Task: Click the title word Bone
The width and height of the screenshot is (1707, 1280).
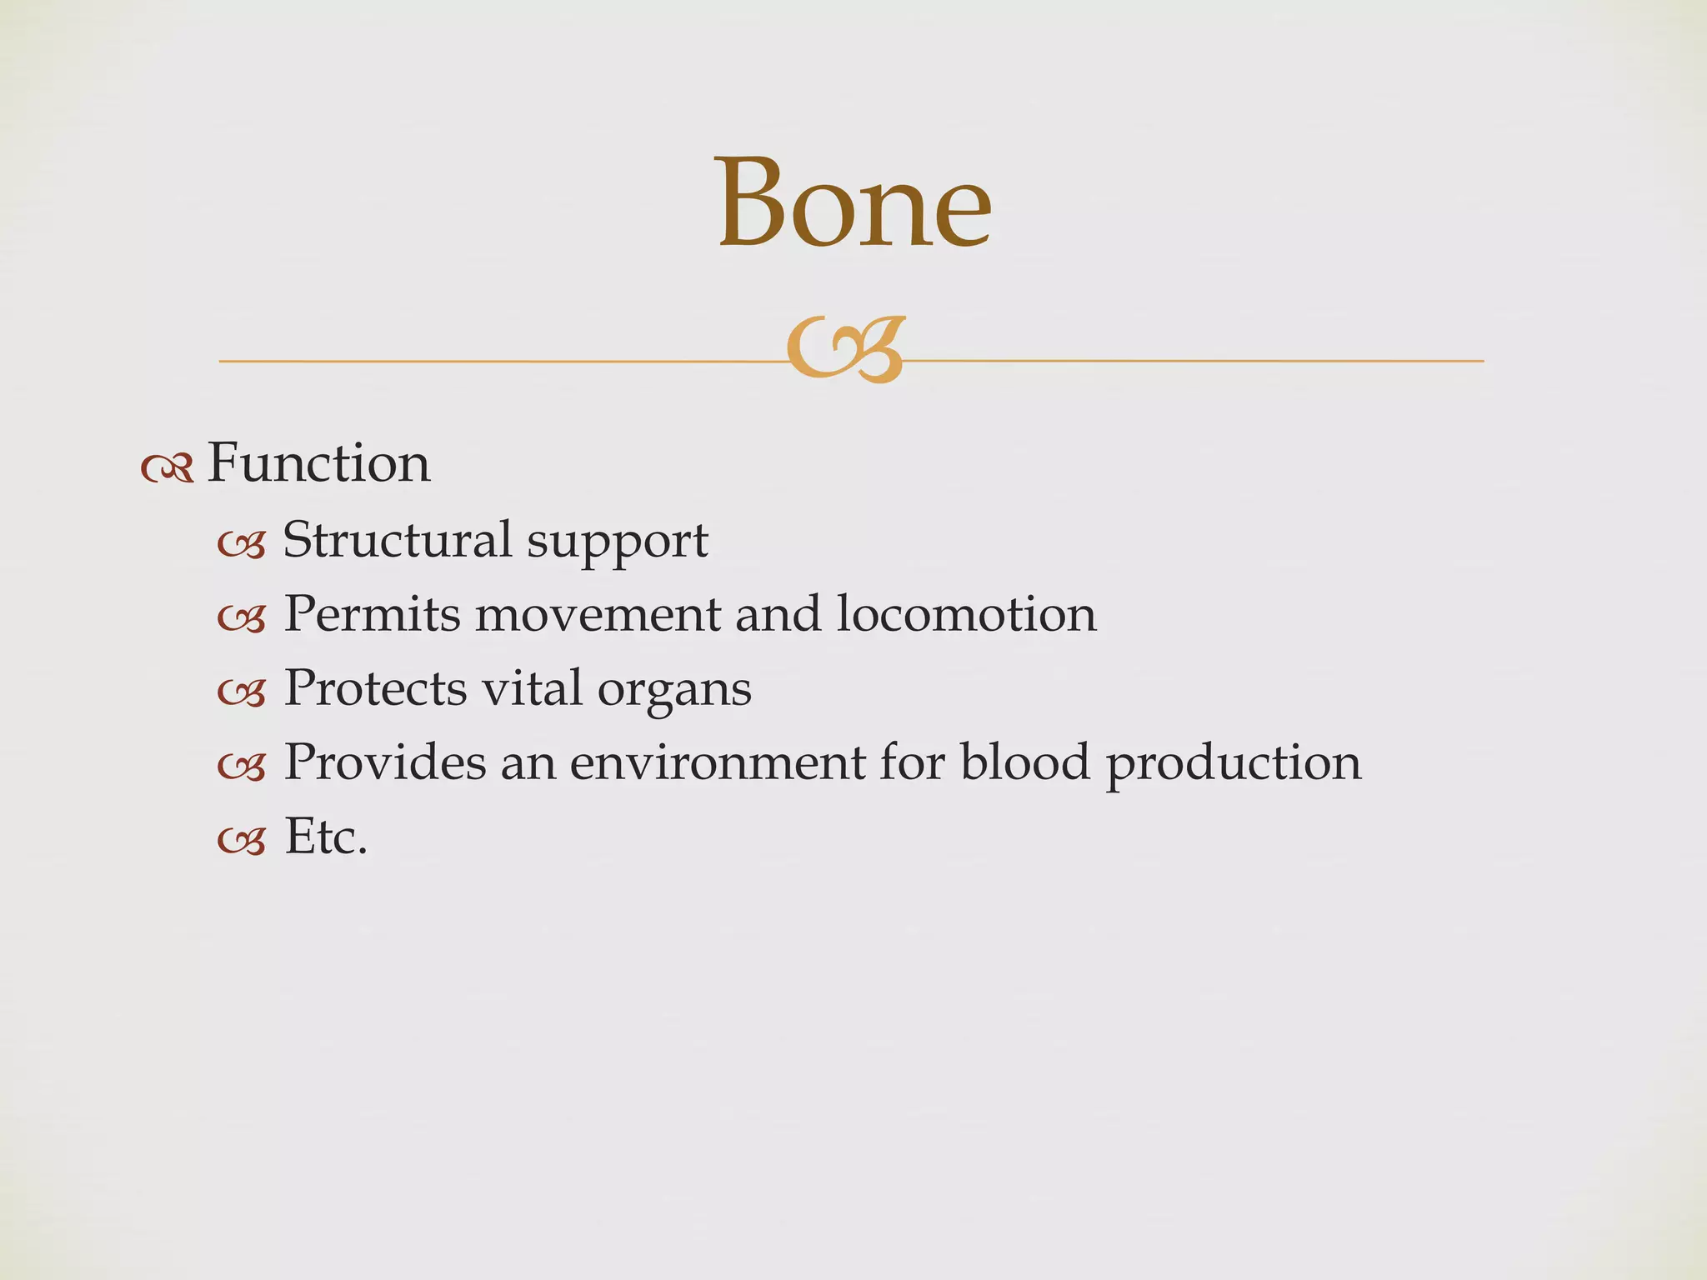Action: (854, 204)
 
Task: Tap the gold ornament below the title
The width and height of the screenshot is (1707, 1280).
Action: (845, 351)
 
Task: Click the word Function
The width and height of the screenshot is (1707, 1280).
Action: (318, 463)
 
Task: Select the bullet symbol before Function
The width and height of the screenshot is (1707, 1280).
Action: (168, 470)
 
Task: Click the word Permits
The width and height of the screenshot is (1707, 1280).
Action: (372, 614)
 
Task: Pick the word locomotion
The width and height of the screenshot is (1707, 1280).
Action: (966, 614)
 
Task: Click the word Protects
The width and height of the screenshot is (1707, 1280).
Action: (375, 688)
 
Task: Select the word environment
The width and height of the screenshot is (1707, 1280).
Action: (717, 763)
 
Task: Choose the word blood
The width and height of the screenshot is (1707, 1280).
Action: (1025, 762)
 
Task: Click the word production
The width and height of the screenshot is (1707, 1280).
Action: (1234, 765)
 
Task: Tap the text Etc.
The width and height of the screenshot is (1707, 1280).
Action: (326, 837)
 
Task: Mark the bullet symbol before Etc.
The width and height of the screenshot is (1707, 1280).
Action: (242, 842)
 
